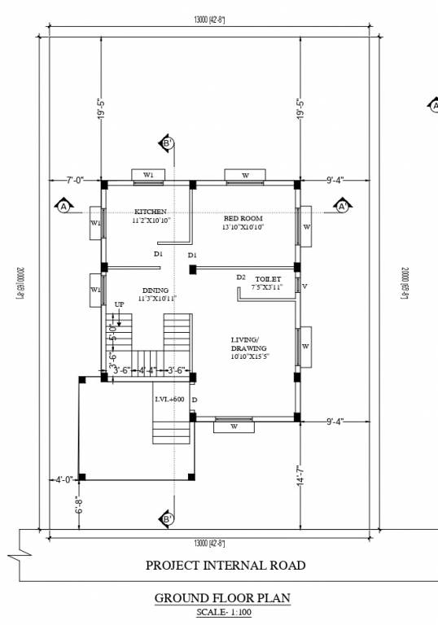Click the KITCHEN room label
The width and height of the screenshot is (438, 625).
pyautogui.click(x=151, y=212)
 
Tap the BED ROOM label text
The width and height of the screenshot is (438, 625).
pyautogui.click(x=243, y=219)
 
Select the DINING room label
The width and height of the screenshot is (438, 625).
pyautogui.click(x=155, y=291)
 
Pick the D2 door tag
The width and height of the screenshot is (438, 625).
pyautogui.click(x=241, y=278)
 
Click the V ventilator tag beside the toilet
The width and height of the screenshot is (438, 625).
pyautogui.click(x=304, y=286)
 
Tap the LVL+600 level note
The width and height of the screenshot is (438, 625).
pyautogui.click(x=170, y=400)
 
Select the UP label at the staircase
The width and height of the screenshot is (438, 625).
pyautogui.click(x=119, y=304)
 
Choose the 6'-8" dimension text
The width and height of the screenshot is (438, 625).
pyautogui.click(x=79, y=505)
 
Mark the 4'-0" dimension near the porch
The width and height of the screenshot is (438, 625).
pyautogui.click(x=63, y=479)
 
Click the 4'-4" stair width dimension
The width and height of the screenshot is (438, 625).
pyautogui.click(x=147, y=370)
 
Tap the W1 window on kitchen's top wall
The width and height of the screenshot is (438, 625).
pyautogui.click(x=148, y=174)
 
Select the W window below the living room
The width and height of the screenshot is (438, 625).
pyautogui.click(x=234, y=426)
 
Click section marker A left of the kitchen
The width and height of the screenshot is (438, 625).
pyautogui.click(x=63, y=207)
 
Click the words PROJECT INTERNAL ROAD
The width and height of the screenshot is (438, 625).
pyautogui.click(x=226, y=565)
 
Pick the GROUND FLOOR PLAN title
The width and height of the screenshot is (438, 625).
pyautogui.click(x=222, y=598)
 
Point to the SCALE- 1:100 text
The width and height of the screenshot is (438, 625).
pyautogui.click(x=223, y=612)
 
